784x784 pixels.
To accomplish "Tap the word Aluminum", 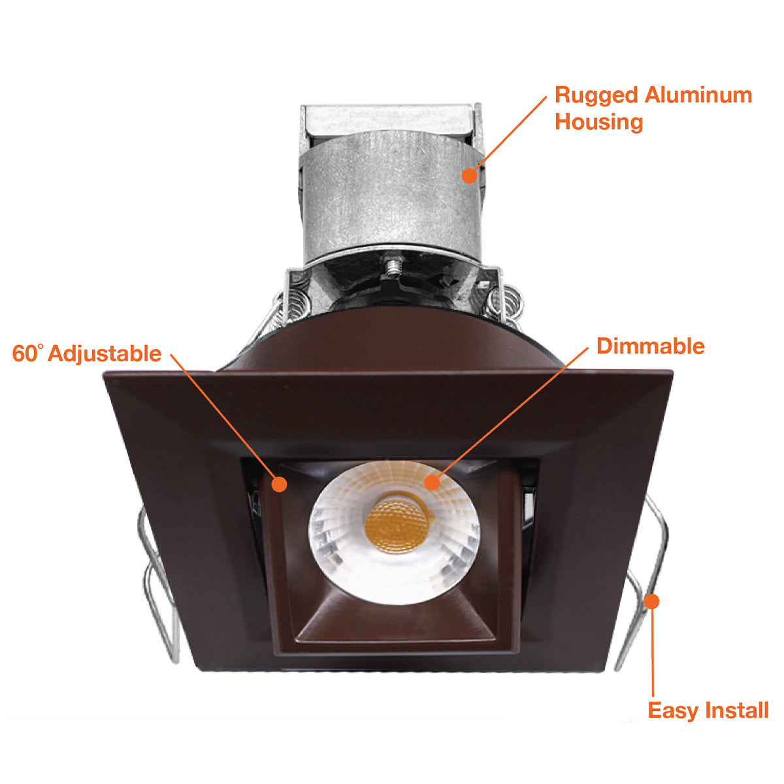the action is point(698,95).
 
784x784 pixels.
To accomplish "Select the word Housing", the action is point(599,122).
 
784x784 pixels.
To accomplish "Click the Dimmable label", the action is point(650,346).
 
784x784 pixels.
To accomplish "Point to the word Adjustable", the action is point(105,354).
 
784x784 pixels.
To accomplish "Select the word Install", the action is point(736,710).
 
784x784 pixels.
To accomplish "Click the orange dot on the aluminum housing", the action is point(469,175).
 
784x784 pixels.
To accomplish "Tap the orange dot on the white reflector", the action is point(432,483).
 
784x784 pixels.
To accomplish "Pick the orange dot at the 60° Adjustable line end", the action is point(279,484).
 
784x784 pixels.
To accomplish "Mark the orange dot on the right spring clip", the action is point(651,601).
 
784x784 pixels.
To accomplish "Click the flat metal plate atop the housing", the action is point(389,119).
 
